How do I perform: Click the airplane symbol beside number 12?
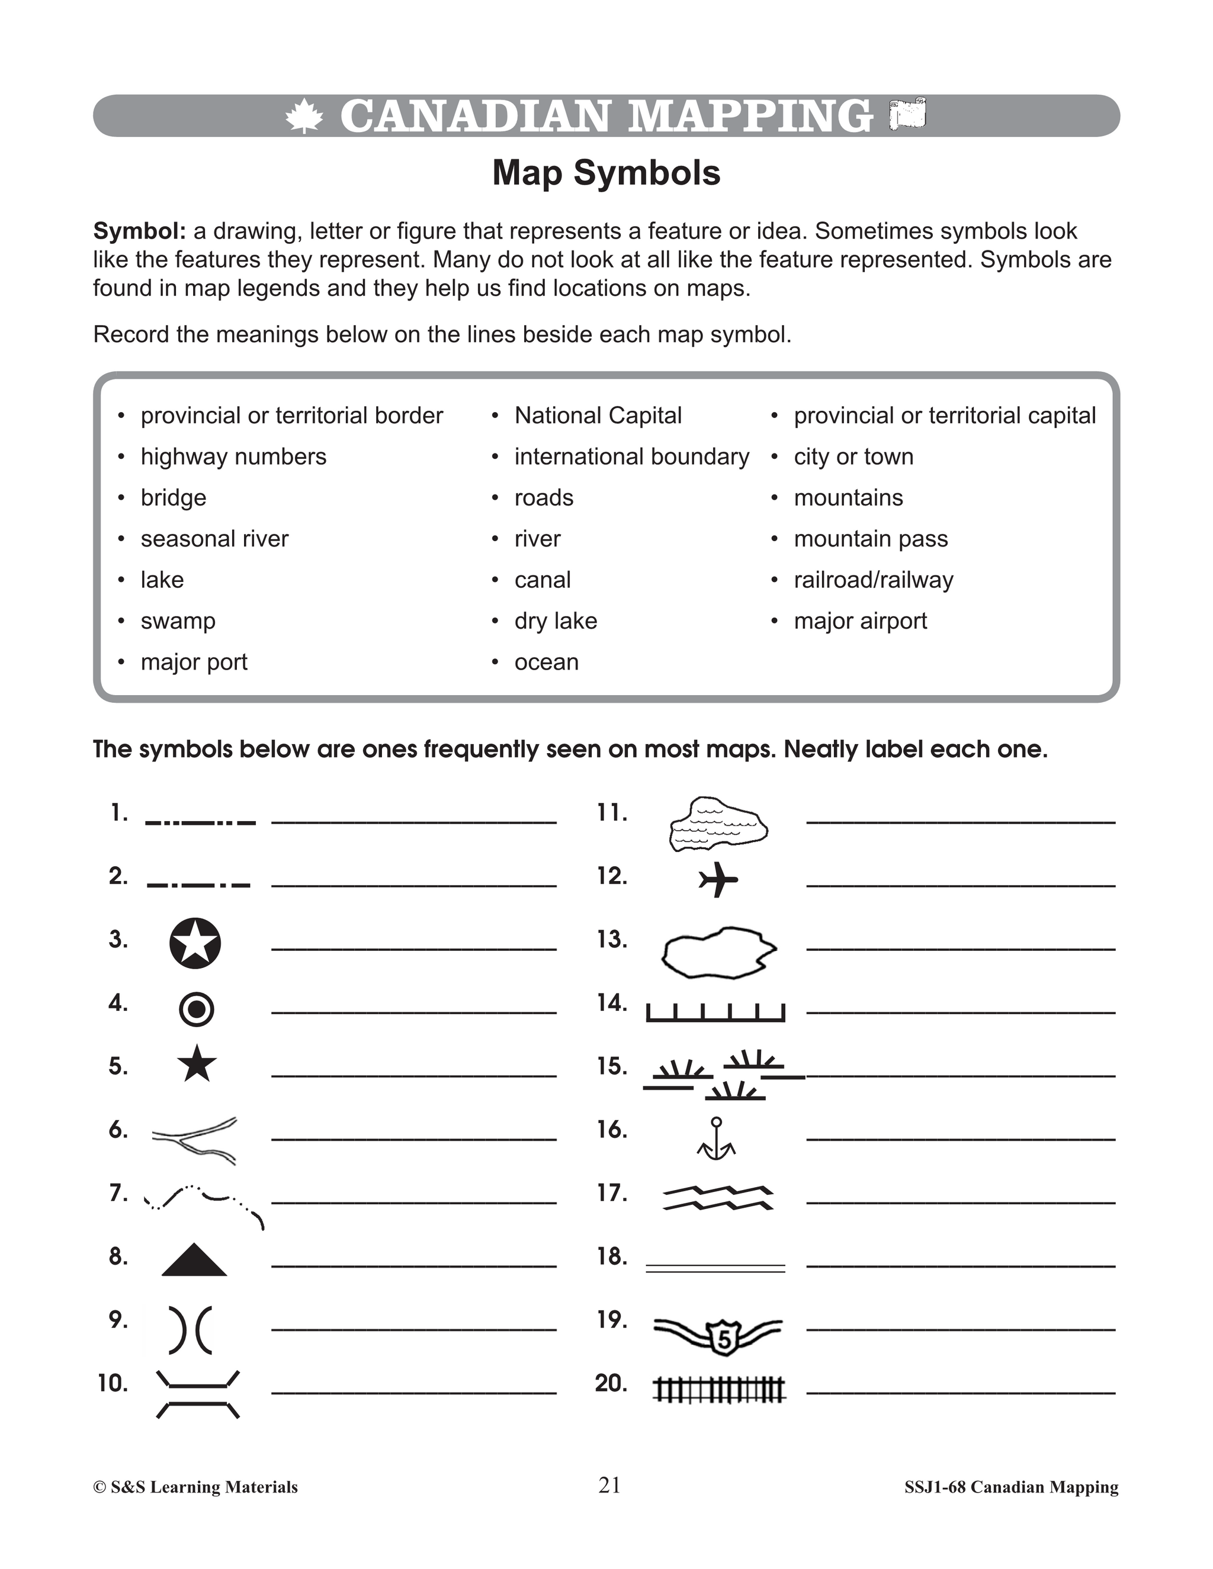click(718, 879)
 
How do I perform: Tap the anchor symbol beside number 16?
click(715, 1139)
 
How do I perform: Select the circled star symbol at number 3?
click(195, 943)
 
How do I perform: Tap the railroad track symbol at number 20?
click(719, 1390)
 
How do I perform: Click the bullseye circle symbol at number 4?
click(195, 1009)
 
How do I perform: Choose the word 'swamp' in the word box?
click(178, 620)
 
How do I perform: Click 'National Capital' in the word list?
click(598, 415)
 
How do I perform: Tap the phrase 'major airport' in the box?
click(860, 620)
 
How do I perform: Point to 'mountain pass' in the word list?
click(870, 539)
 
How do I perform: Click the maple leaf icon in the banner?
click(303, 117)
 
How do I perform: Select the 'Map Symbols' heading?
click(606, 173)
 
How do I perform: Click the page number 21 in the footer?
click(609, 1486)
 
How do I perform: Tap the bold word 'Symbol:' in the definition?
click(139, 232)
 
